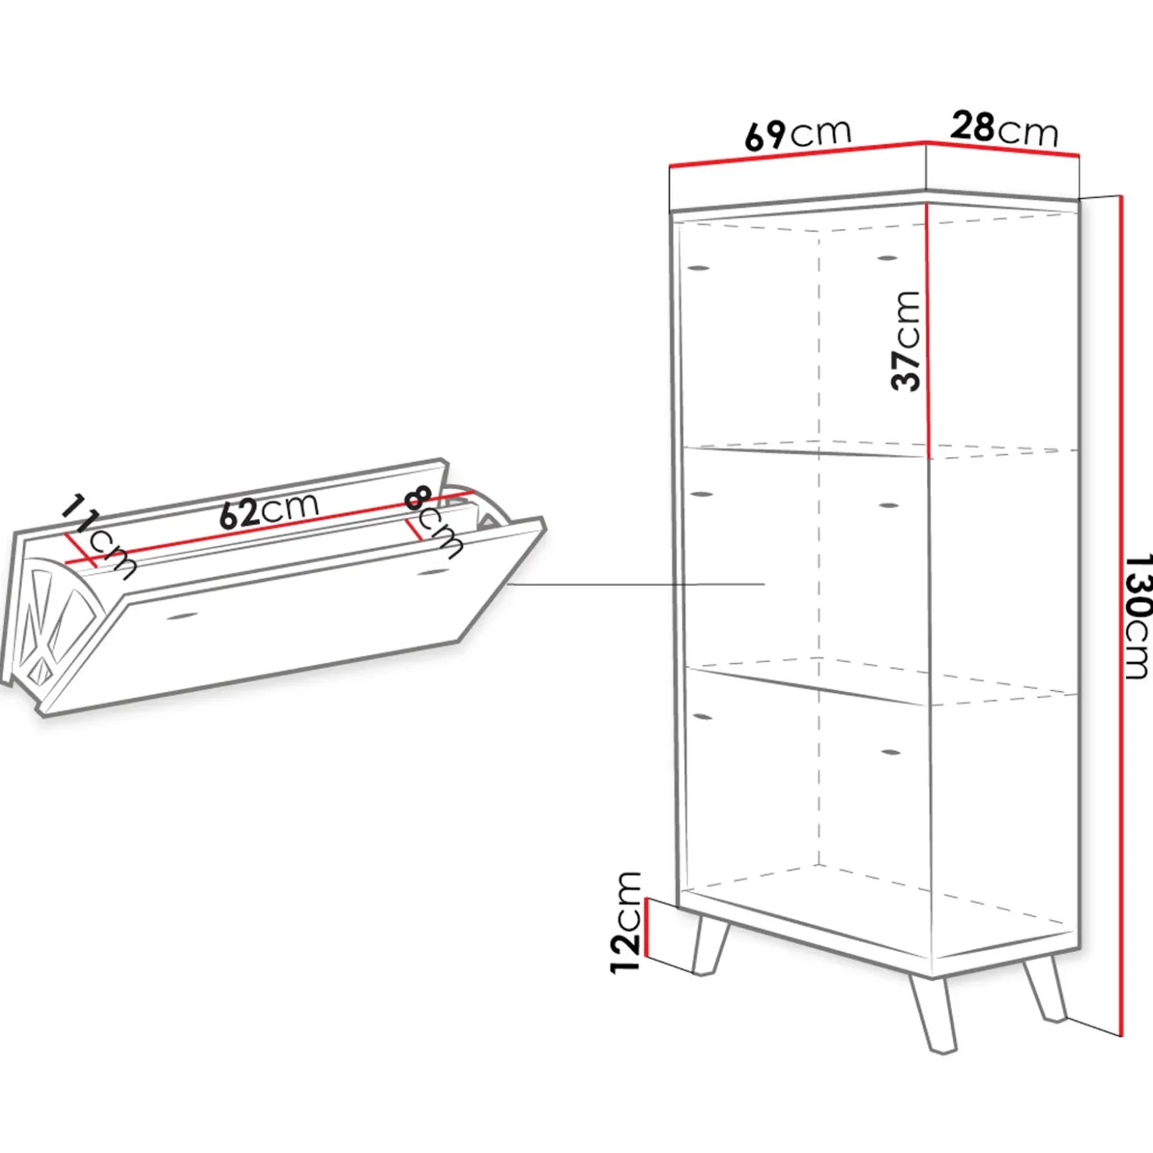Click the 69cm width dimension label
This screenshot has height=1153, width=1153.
pos(799,134)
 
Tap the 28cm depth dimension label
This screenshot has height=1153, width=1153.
pos(1004,129)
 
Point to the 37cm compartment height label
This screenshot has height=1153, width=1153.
pos(906,340)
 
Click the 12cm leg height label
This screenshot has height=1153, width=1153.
pos(626,922)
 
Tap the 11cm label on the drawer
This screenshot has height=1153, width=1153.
pos(97,536)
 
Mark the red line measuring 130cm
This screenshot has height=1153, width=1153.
pos(1121,616)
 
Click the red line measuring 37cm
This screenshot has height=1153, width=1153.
pos(927,330)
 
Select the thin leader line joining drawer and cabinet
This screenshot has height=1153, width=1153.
pos(635,584)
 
